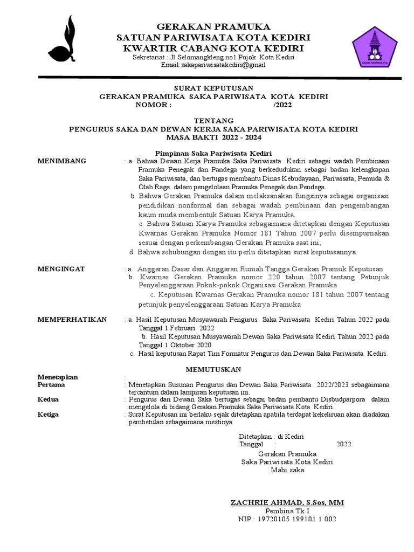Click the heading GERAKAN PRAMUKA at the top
click(x=213, y=27)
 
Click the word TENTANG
click(x=213, y=121)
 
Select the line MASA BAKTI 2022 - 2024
click(x=213, y=137)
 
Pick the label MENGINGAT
click(x=61, y=268)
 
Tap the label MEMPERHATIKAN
click(x=72, y=319)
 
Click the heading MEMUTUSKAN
click(x=214, y=369)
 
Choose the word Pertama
click(x=51, y=385)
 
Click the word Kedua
click(x=48, y=399)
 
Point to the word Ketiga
click(x=48, y=415)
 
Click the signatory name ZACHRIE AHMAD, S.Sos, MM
click(x=287, y=502)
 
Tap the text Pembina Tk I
click(x=288, y=511)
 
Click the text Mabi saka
click(x=287, y=470)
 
